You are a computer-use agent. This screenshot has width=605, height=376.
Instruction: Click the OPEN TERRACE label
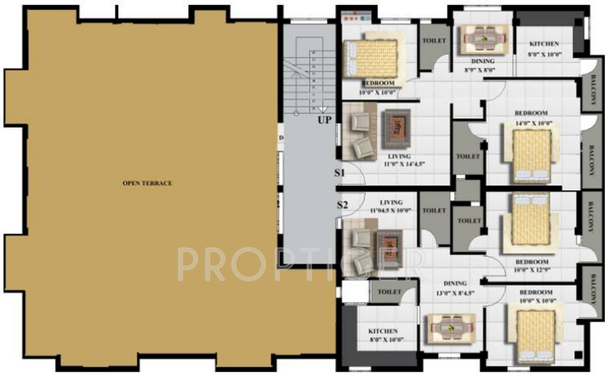pyautogui.click(x=147, y=183)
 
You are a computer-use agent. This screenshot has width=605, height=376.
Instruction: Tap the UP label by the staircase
pyautogui.click(x=324, y=120)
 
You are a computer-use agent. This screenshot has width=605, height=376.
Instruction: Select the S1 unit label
pyautogui.click(x=340, y=173)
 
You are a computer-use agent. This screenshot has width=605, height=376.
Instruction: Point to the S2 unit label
pyautogui.click(x=342, y=204)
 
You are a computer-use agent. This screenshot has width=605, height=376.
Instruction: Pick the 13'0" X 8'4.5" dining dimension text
pyautogui.click(x=455, y=293)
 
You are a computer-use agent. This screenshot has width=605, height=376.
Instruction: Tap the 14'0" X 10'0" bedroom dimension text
pyautogui.click(x=534, y=123)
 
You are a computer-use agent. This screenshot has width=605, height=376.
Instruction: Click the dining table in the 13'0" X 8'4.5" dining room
pyautogui.click(x=451, y=328)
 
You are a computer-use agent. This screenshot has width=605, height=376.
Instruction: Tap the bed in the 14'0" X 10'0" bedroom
pyautogui.click(x=532, y=154)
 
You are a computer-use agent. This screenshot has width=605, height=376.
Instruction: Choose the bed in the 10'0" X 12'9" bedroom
pyautogui.click(x=530, y=222)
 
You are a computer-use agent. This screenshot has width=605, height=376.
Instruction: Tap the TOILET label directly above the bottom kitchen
pyautogui.click(x=389, y=292)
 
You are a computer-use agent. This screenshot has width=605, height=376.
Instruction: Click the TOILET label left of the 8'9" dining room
pyautogui.click(x=434, y=40)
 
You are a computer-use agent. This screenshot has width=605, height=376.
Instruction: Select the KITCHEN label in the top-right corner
pyautogui.click(x=544, y=44)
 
